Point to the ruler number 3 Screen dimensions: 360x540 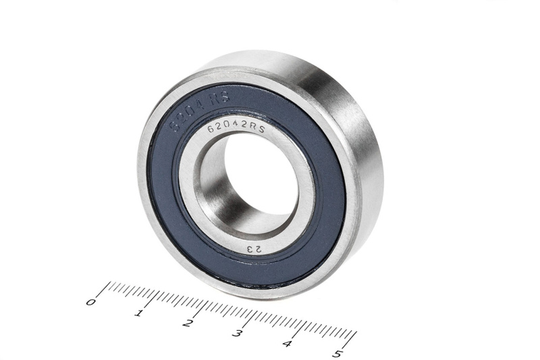238,334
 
